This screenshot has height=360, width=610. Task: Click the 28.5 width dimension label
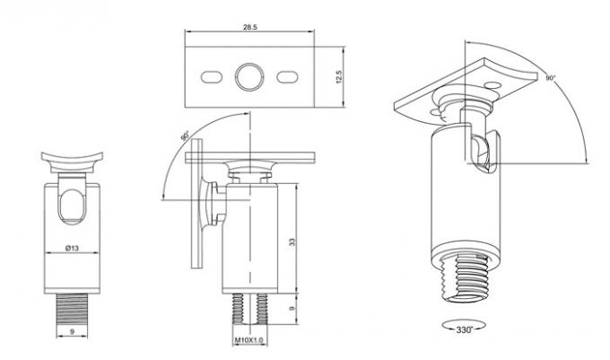pyautogui.click(x=250, y=27)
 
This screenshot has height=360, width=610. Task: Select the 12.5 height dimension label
pyautogui.click(x=338, y=77)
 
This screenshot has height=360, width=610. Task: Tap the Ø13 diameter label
pyautogui.click(x=72, y=248)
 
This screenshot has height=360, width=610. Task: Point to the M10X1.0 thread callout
pyautogui.click(x=249, y=340)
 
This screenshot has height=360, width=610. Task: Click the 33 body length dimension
pyautogui.click(x=292, y=241)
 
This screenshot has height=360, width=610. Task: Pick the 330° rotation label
pyautogui.click(x=464, y=329)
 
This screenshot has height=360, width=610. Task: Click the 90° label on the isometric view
pyautogui.click(x=550, y=78)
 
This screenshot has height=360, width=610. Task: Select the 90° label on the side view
pyautogui.click(x=185, y=136)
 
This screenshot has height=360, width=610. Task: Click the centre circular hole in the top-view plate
pyautogui.click(x=249, y=77)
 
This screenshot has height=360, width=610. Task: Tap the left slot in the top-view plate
pyautogui.click(x=212, y=77)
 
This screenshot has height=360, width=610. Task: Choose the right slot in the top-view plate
pyautogui.click(x=287, y=77)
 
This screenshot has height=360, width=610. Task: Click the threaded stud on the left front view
pyautogui.click(x=73, y=310)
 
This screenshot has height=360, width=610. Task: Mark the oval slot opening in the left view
pyautogui.click(x=72, y=206)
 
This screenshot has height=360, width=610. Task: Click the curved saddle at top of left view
pyautogui.click(x=72, y=162)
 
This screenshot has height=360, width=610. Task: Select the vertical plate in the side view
pyautogui.click(x=197, y=204)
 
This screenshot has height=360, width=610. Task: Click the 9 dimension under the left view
pyautogui.click(x=72, y=331)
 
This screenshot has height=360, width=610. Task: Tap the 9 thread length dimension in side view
pyautogui.click(x=292, y=308)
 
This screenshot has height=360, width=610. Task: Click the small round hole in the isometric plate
pyautogui.click(x=493, y=84)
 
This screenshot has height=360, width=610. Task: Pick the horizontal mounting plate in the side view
pyautogui.click(x=250, y=157)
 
